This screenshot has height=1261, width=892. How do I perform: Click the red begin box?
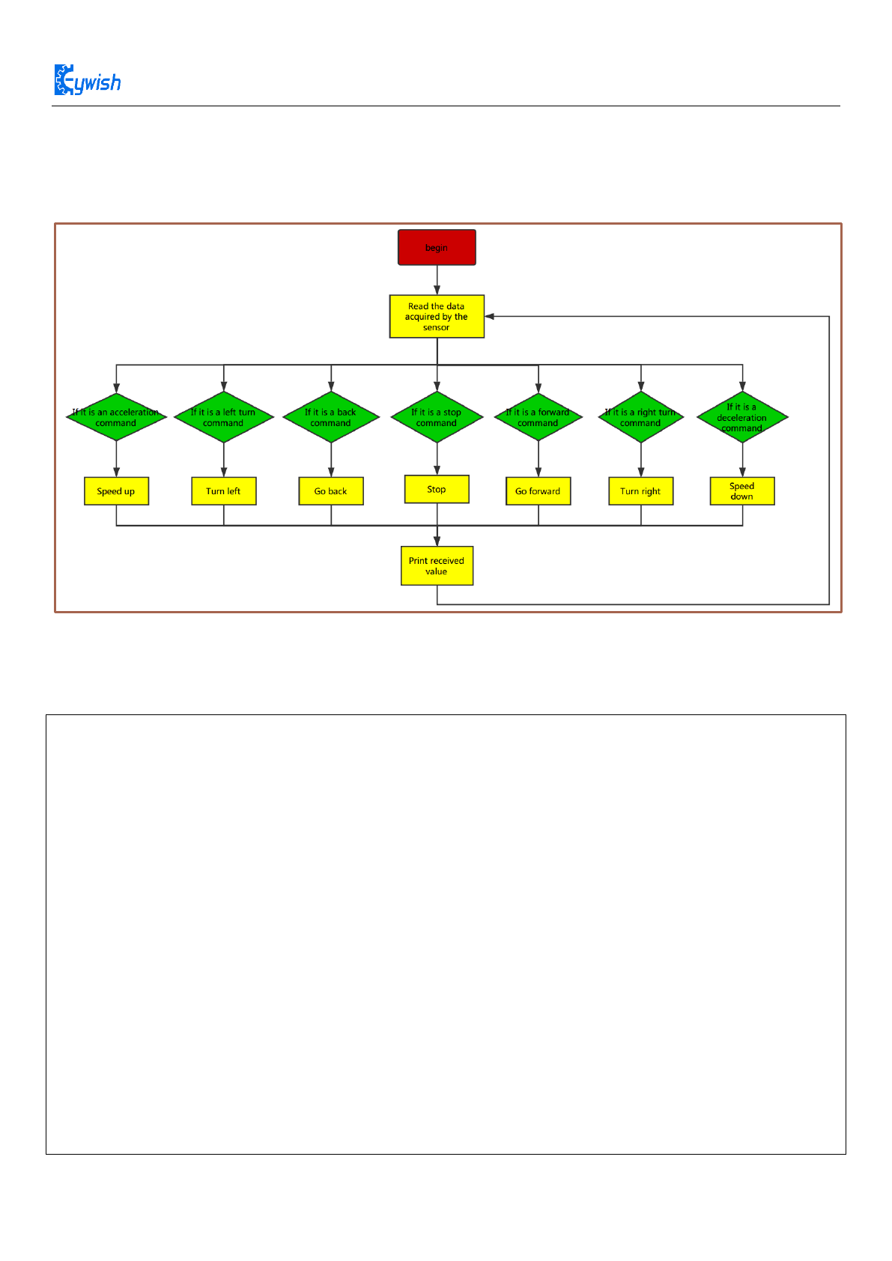[437, 247]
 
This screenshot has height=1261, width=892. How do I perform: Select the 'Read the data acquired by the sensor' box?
[437, 316]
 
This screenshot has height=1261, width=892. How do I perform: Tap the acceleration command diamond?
[116, 418]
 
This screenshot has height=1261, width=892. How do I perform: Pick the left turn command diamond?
[223, 418]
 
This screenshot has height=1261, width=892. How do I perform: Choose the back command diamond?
[331, 418]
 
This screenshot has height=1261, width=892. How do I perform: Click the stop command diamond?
[437, 418]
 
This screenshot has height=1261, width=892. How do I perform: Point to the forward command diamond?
[538, 418]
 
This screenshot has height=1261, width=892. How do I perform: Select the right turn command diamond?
[640, 418]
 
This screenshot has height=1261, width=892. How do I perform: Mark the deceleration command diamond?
[742, 418]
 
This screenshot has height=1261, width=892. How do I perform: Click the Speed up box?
[116, 491]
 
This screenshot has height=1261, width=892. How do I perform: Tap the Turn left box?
[223, 491]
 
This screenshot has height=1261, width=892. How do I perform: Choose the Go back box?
[331, 491]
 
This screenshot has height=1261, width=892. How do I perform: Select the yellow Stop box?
[437, 489]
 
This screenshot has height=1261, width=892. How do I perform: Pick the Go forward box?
[538, 491]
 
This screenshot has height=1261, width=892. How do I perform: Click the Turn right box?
[640, 491]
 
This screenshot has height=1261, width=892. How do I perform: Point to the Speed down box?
[742, 491]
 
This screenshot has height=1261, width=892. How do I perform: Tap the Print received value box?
[437, 566]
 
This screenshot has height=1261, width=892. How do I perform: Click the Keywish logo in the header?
[88, 81]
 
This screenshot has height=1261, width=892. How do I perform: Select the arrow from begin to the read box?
[437, 279]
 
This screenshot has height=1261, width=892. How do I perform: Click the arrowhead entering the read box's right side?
[490, 317]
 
